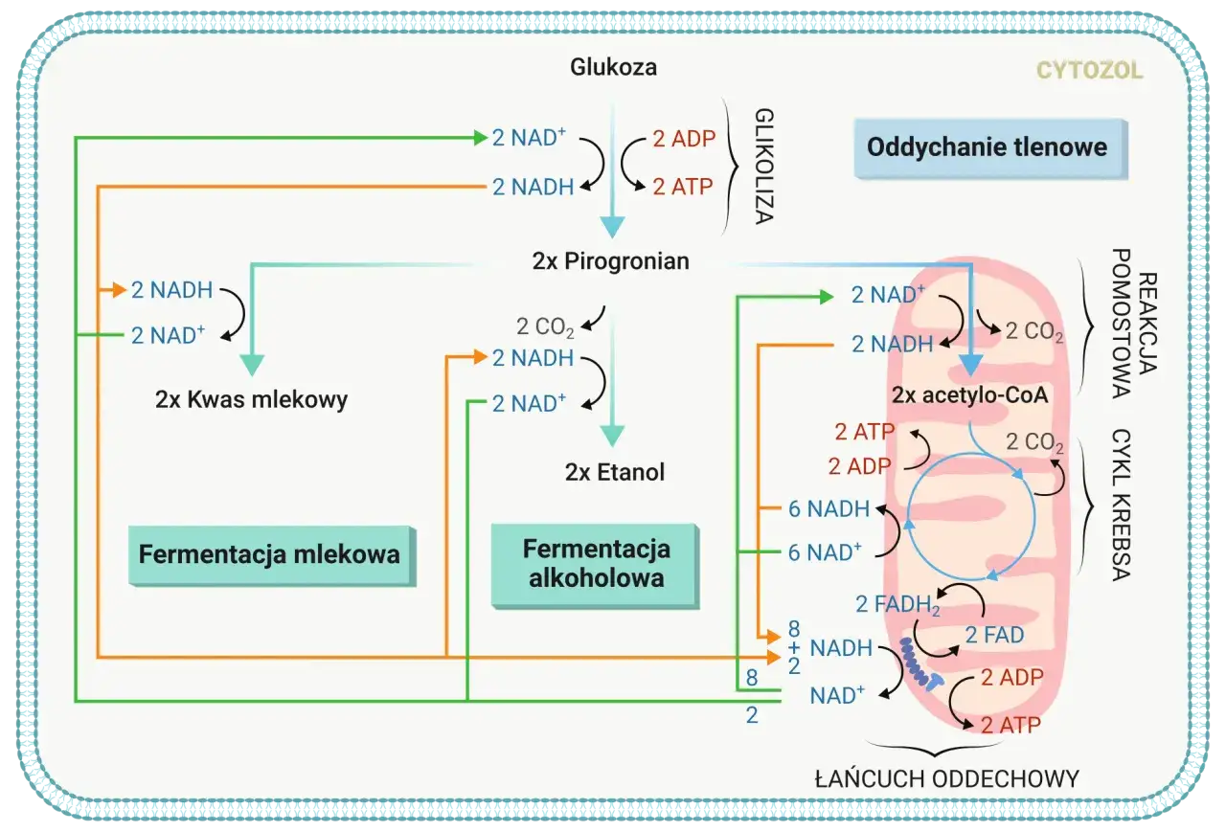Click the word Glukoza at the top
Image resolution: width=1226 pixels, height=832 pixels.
(613, 67)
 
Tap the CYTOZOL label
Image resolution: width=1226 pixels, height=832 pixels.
(1089, 71)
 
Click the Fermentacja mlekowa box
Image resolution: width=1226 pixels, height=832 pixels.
(269, 554)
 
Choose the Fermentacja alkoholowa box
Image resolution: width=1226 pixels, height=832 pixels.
(595, 564)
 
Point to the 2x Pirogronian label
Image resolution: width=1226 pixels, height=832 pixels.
(610, 261)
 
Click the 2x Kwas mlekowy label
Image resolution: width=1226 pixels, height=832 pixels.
(251, 400)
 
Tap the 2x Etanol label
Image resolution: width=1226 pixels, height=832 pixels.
(614, 472)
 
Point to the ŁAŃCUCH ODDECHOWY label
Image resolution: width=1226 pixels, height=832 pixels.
(946, 778)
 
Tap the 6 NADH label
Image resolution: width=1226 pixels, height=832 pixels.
(829, 508)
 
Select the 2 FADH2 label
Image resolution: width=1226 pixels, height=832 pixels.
(897, 604)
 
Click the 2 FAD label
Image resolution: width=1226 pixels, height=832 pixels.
(993, 635)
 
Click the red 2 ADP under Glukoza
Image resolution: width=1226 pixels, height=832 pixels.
(684, 139)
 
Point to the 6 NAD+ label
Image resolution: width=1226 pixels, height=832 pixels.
(825, 551)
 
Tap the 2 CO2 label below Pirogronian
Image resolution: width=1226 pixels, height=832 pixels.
(545, 327)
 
